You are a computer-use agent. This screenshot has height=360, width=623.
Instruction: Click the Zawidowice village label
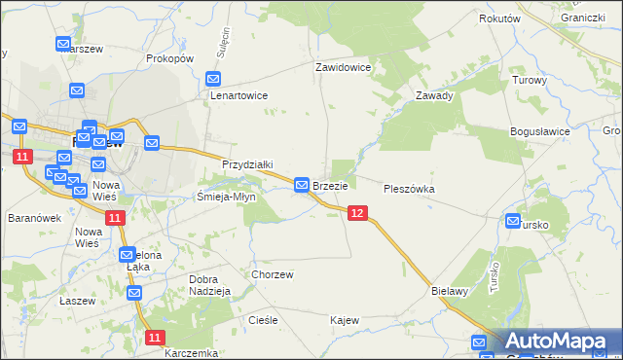pos(343,68)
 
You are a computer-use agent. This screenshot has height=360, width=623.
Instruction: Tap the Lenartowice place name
pos(238,96)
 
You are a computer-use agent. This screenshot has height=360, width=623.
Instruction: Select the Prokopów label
pos(169,58)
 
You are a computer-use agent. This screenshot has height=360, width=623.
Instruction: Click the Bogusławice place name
pos(539,130)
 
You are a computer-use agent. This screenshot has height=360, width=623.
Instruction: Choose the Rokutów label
pos(500,18)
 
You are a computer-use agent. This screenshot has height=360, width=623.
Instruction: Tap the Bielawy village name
pos(450,290)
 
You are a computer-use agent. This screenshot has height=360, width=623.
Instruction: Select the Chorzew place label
pos(273,274)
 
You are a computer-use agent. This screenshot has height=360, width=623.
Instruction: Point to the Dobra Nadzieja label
pos(208,285)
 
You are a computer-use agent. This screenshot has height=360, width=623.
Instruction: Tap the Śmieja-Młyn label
pos(226,196)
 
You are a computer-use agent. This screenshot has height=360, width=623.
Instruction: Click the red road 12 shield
pos(357,213)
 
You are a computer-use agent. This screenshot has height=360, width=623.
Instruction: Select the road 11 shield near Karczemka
pos(155,337)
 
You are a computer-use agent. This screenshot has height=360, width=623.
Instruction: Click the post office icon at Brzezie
pos(302,184)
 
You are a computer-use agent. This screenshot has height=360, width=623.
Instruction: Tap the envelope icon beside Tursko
pos(514,222)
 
